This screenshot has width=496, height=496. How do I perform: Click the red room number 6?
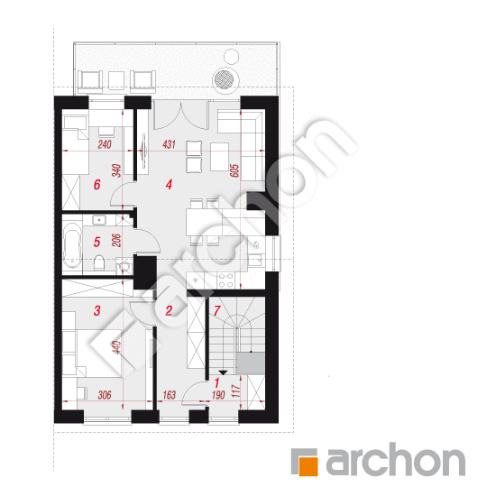point(97,184)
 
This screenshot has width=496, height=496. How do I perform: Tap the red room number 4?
point(169,184)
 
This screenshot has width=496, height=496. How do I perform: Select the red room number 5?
point(97,242)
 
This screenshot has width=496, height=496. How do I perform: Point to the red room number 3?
point(97,310)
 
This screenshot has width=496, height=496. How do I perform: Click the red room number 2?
point(169,310)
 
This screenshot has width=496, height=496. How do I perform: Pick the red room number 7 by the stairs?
point(216,310)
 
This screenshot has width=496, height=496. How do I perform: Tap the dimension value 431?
point(169,144)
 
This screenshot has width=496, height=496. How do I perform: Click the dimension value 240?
point(105,144)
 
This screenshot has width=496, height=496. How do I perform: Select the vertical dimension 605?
point(235,170)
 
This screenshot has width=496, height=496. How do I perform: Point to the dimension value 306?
point(105,395)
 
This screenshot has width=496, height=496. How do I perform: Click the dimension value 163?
point(169,395)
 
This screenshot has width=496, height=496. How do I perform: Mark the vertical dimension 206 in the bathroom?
point(116,241)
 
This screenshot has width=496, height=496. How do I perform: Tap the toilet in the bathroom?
point(99,262)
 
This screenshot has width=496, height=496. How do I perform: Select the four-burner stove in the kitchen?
point(226,280)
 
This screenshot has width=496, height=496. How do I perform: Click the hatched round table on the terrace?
point(224,79)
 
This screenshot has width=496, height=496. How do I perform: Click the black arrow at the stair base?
point(224,372)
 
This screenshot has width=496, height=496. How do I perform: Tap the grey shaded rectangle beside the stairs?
point(251,363)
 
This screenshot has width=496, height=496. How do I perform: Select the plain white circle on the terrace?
point(231,57)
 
